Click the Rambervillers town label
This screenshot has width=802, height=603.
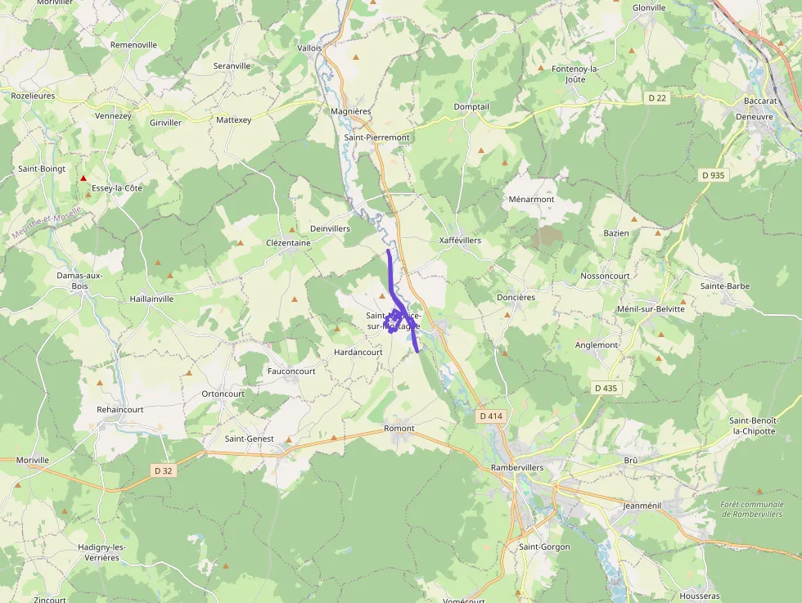click(516, 467)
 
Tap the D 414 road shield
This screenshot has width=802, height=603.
click(490, 416)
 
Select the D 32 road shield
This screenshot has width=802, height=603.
click(163, 470)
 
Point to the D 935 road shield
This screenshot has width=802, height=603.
click(713, 175)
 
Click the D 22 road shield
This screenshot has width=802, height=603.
click(657, 98)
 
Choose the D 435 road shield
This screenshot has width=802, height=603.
click(605, 388)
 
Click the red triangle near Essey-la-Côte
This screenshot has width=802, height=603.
click(83, 178)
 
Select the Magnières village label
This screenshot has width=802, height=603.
click(350, 111)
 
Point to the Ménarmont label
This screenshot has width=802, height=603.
click(531, 199)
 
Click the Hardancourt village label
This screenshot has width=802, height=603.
click(358, 353)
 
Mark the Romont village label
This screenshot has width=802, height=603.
click(399, 429)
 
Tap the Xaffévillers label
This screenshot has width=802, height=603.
click(460, 241)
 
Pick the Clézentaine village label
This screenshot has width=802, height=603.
click(288, 243)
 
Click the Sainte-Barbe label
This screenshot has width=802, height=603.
click(724, 286)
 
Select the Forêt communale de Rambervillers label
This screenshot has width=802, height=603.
click(751, 509)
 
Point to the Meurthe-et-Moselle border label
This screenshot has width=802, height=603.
click(47, 227)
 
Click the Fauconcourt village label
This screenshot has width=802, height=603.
click(291, 371)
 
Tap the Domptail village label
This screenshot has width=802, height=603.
click(471, 107)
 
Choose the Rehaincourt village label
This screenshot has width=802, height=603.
click(119, 409)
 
